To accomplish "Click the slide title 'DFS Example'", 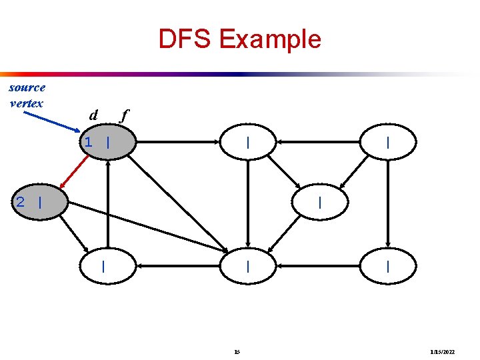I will [x=239, y=39].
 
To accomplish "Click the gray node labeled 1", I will [x=107, y=142].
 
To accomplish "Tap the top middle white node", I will [x=248, y=142].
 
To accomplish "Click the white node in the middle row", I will [x=321, y=202].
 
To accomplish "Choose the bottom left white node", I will [x=107, y=266].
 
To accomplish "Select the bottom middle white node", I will [x=248, y=266].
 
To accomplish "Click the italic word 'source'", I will [x=27, y=87].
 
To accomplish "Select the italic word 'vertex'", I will [x=27, y=103].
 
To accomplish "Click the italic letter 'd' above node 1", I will [x=93, y=115].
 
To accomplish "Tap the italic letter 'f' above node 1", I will [x=123, y=115].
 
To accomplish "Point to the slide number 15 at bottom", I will [x=238, y=351].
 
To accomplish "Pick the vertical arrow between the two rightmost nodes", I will [x=388, y=204].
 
